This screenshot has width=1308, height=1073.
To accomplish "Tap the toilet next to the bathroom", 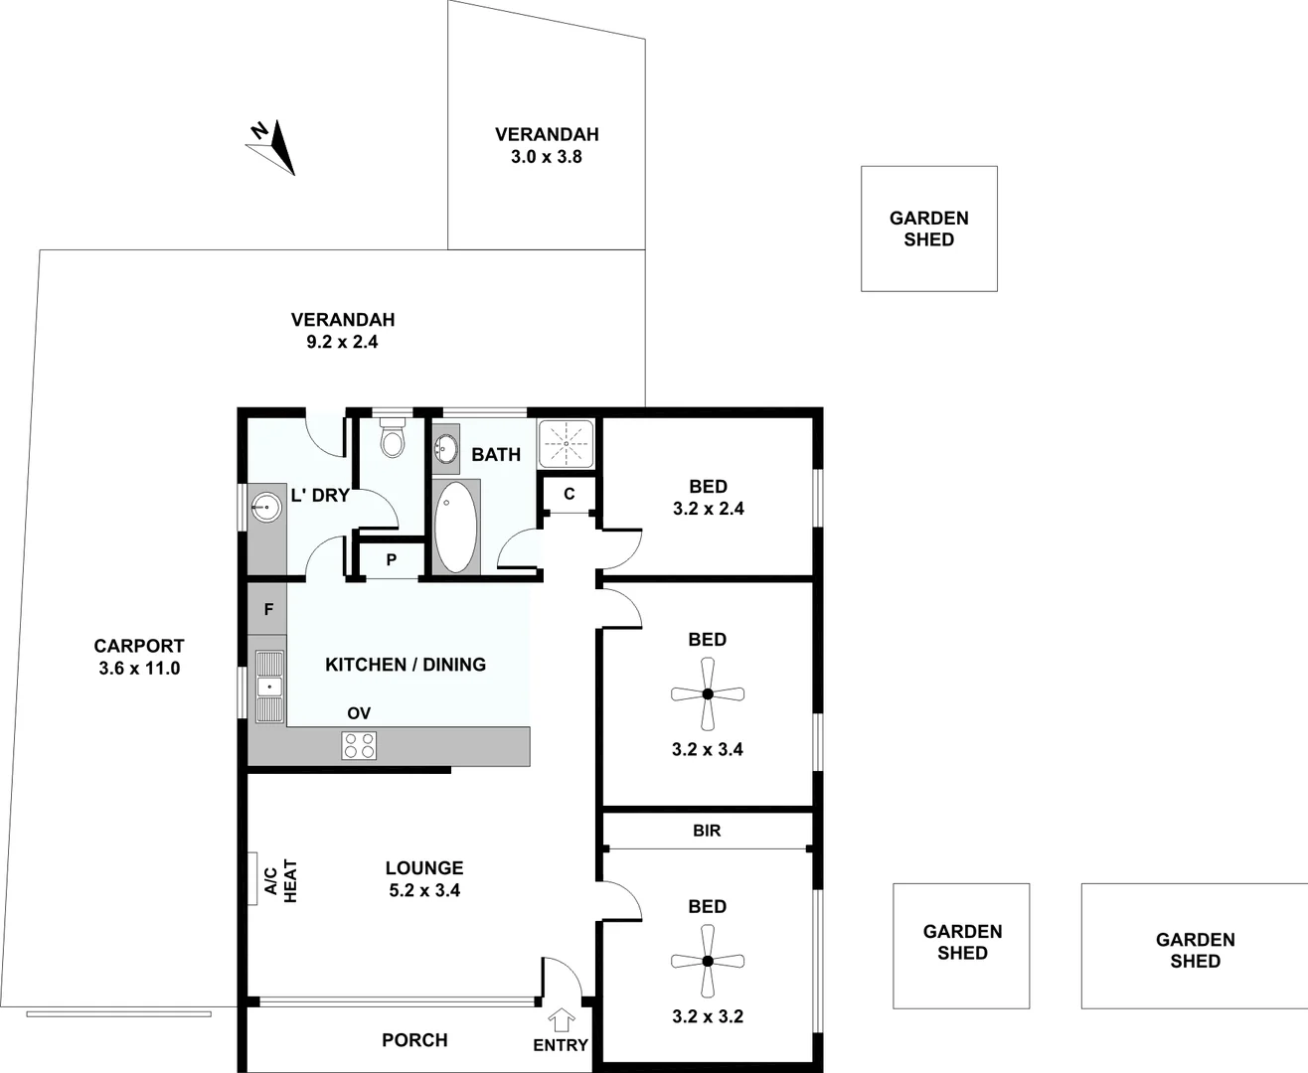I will click(393, 439).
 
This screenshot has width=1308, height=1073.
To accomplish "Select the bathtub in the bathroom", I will click(455, 527).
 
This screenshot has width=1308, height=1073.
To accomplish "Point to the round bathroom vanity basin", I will click(446, 449).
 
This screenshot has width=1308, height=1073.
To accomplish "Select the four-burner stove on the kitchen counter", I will click(359, 745).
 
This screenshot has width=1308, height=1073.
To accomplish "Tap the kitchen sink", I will click(268, 686).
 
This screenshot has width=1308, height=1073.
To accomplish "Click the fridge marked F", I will click(268, 610).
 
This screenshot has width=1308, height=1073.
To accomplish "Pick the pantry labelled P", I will click(392, 560).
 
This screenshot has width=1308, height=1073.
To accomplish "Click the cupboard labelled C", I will click(570, 494).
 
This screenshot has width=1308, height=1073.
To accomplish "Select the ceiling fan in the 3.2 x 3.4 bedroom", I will click(708, 694).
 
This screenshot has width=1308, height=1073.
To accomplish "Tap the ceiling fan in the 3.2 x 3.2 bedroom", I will click(708, 961).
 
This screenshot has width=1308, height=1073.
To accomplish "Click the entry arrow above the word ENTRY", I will click(562, 1019).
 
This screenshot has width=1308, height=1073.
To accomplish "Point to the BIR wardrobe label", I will click(707, 831).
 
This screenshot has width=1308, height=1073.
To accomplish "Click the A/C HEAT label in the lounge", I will click(280, 880).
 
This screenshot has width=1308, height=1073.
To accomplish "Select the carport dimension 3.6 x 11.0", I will click(139, 669).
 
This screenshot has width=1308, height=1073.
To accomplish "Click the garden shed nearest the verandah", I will click(928, 229).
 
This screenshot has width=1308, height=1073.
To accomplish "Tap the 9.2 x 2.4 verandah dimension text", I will click(342, 342).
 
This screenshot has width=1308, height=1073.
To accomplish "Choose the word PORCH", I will click(414, 1040).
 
